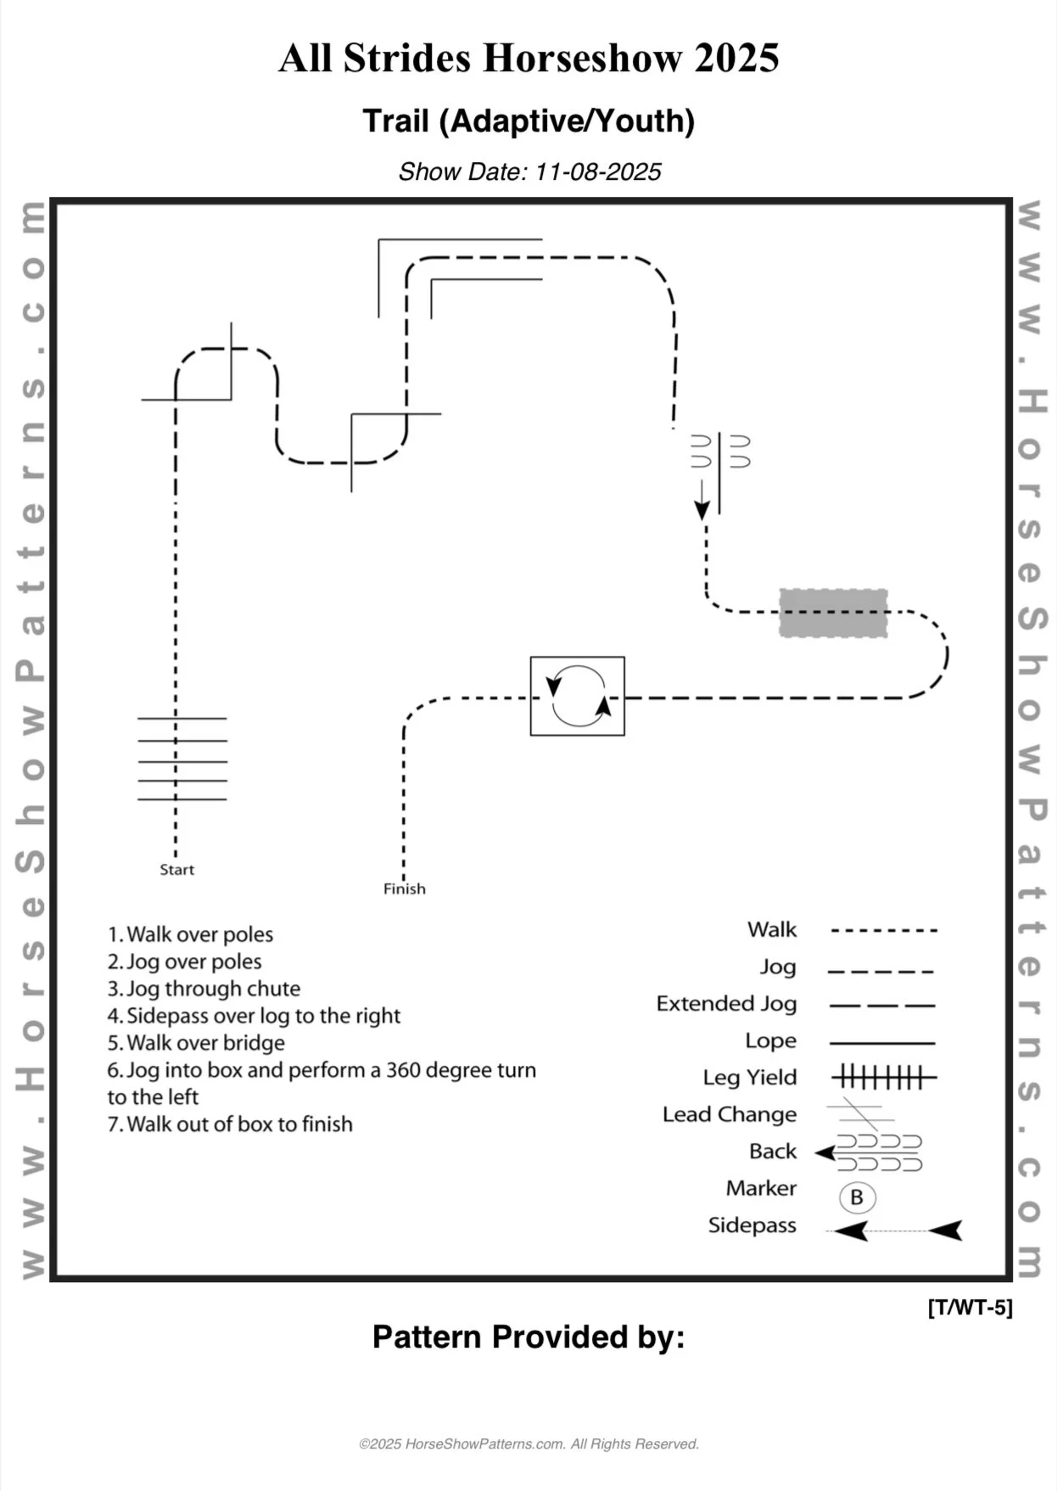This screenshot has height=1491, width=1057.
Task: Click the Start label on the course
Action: [x=176, y=870]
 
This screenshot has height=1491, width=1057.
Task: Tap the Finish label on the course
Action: [x=404, y=889]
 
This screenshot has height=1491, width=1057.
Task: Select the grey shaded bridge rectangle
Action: [x=833, y=613]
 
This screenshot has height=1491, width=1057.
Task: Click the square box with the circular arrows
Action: [x=577, y=696]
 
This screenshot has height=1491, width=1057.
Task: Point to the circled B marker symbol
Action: [x=857, y=1197]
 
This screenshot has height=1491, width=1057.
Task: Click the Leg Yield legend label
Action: [x=749, y=1078]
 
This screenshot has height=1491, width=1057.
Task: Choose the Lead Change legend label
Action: [x=730, y=1114]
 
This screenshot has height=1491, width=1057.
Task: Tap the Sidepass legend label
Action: [x=752, y=1225]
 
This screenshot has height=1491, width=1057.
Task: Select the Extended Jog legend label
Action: [x=726, y=1004]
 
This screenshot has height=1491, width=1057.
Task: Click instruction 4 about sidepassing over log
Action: [x=254, y=1016]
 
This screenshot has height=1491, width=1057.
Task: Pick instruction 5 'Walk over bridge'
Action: [x=196, y=1043]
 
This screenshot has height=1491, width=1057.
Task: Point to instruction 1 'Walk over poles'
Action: [x=190, y=934]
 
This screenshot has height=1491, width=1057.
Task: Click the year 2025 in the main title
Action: [x=735, y=59]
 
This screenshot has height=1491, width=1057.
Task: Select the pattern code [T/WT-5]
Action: [x=970, y=1308]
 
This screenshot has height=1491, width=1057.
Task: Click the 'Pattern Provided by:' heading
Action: [x=528, y=1337]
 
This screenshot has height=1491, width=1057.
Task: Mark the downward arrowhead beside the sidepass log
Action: [x=702, y=510]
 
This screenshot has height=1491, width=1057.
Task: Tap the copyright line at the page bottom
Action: [x=528, y=1444]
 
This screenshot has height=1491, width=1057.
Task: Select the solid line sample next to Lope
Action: [x=881, y=1042]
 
